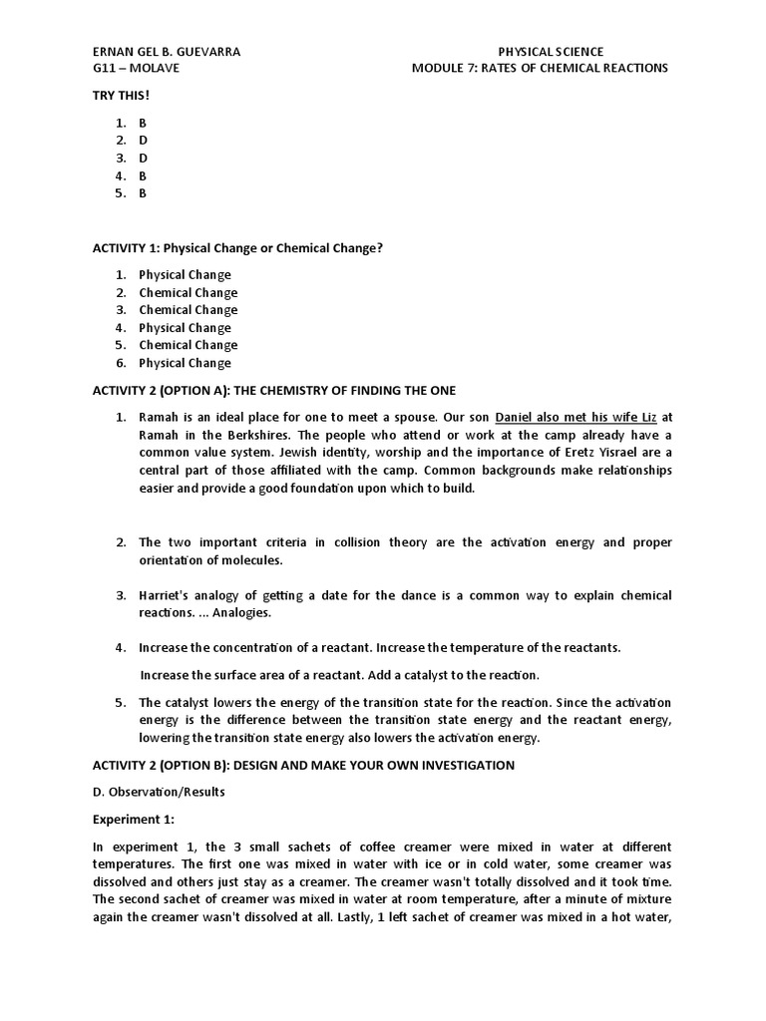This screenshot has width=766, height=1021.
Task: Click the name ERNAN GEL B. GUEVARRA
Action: pos(166,51)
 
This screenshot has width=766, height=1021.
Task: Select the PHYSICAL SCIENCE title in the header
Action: pos(551,51)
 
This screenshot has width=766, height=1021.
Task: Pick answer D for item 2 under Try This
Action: pos(143,140)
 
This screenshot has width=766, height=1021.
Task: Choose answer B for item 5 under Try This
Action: pos(143,193)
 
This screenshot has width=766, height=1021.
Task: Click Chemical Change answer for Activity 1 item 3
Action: pos(188,310)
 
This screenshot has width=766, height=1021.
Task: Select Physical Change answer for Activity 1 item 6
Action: pos(185,363)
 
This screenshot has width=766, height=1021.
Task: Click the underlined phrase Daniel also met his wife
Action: pos(573,417)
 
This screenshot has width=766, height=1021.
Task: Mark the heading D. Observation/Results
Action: pos(159,792)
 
